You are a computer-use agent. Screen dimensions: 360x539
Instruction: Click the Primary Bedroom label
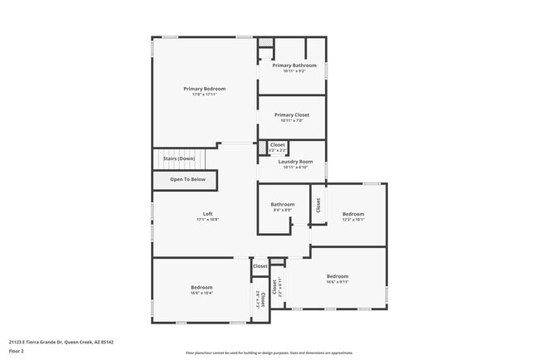(204, 89)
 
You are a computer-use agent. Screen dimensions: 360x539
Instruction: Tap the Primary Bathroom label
(294, 65)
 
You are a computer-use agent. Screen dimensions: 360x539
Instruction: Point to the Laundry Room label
(295, 162)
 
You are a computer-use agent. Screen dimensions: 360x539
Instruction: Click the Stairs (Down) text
(178, 158)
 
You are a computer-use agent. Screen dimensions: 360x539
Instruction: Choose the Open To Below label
(187, 179)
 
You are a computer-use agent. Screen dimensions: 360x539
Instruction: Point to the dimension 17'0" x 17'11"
(204, 95)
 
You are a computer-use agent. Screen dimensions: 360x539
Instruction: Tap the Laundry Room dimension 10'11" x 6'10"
(295, 168)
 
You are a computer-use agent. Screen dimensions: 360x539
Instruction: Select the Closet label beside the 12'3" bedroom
(318, 206)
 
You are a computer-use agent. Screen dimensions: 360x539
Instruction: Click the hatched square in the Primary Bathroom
(265, 41)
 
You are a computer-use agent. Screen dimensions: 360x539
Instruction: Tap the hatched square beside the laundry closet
(263, 147)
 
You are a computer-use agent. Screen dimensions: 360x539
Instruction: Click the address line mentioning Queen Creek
(61, 342)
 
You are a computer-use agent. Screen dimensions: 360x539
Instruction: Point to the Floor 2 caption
(17, 352)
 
